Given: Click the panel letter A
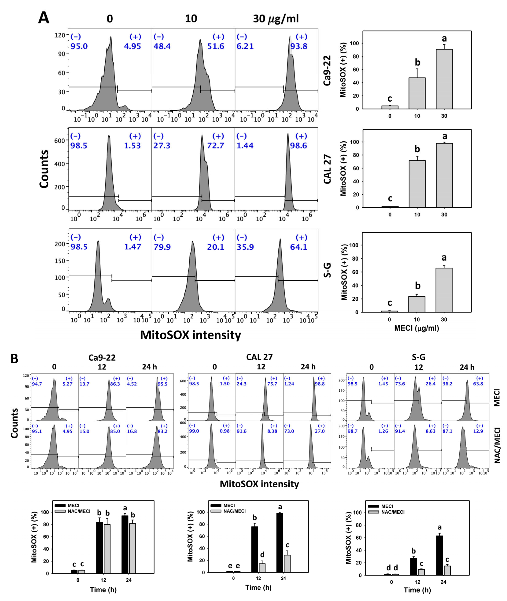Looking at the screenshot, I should pos(44,18).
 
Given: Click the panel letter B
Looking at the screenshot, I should pos(14,359).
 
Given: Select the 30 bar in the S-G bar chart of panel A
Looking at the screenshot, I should pos(444,290).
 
